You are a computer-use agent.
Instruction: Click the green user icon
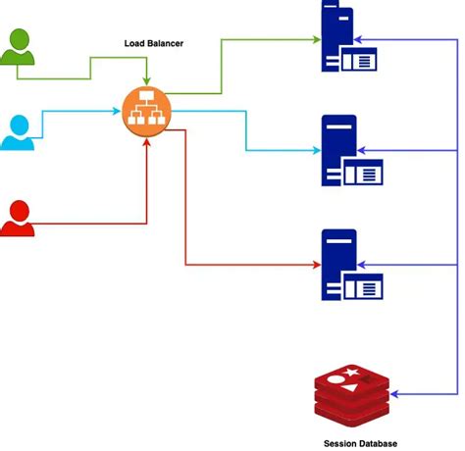(18, 51)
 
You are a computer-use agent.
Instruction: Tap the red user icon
(18, 218)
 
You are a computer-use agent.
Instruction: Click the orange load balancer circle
(146, 112)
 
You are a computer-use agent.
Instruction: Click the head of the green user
(18, 39)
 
